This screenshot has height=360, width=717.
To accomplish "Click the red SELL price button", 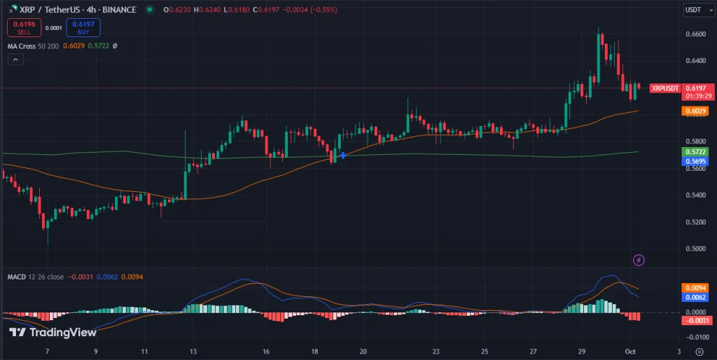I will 23,28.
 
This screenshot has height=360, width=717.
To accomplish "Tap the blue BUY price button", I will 83,28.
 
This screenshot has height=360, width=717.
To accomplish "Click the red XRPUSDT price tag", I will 665,88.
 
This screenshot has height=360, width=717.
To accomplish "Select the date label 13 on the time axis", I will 193,351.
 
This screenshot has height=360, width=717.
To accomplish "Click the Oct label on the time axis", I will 630,351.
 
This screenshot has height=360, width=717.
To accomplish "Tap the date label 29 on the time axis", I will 582,351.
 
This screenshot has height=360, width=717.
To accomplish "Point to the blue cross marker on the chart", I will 342,154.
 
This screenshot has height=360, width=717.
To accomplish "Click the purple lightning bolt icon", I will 639,261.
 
